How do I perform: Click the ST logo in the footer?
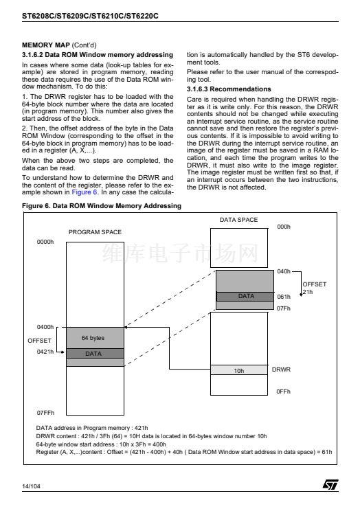point(330,484)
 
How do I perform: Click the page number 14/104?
point(31,486)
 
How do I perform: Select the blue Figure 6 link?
point(85,192)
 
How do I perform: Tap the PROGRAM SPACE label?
point(95,232)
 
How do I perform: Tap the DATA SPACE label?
point(238,220)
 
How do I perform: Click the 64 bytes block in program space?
point(95,338)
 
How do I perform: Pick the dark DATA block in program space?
point(95,354)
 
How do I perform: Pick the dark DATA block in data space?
point(245,296)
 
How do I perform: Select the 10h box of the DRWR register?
point(239,370)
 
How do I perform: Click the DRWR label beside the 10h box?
point(281,370)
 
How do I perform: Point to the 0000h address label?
point(45,242)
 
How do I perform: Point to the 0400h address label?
point(45,327)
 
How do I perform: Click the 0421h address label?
point(45,352)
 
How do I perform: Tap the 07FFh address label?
point(45,413)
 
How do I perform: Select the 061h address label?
point(284,297)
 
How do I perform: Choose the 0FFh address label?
point(283,391)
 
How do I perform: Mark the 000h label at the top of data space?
point(284,227)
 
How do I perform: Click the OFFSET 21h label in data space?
point(315,288)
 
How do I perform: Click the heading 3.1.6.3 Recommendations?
point(229,89)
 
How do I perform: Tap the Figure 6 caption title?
point(102,206)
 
